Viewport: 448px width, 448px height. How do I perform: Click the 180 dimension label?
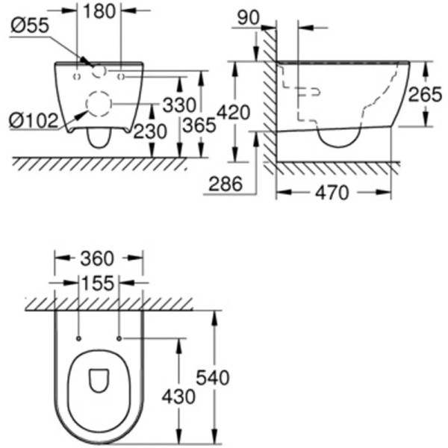point(99,11)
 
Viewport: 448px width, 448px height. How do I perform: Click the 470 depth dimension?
point(332,193)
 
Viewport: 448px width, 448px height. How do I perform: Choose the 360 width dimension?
point(97,258)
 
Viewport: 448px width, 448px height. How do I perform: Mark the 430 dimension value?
point(179,396)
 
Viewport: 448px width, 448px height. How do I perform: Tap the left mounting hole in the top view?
point(78,338)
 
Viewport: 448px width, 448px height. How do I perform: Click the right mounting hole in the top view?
point(119,338)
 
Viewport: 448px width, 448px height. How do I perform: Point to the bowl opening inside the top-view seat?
point(99,381)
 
